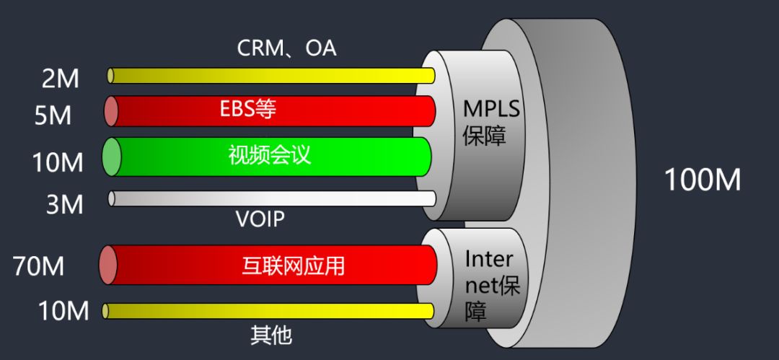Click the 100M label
point(702,180)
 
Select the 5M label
point(53,115)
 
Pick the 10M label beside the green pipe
point(58,163)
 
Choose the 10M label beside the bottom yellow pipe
point(63,312)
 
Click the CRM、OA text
point(286,48)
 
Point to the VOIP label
point(260,219)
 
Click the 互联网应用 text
point(293,265)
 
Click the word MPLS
point(492,109)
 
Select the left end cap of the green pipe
point(111,157)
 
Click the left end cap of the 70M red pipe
point(108,265)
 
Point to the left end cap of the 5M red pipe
point(111,111)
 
